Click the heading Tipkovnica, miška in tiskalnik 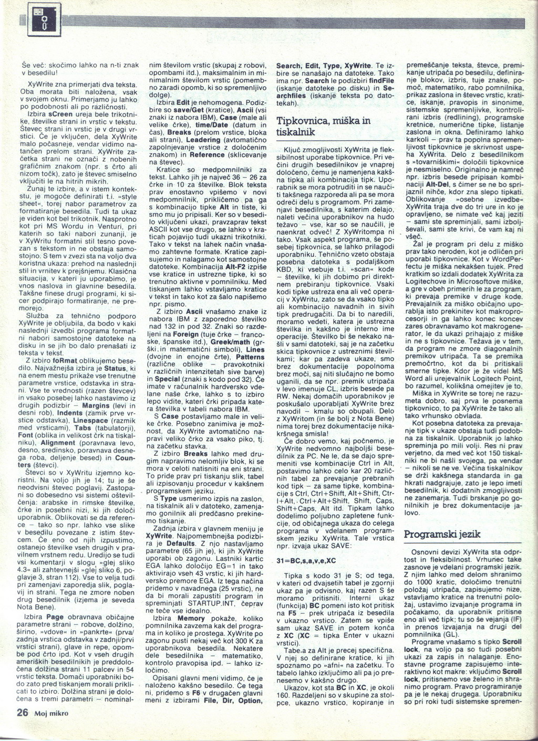pos(323,126)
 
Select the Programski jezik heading pos(442,534)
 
